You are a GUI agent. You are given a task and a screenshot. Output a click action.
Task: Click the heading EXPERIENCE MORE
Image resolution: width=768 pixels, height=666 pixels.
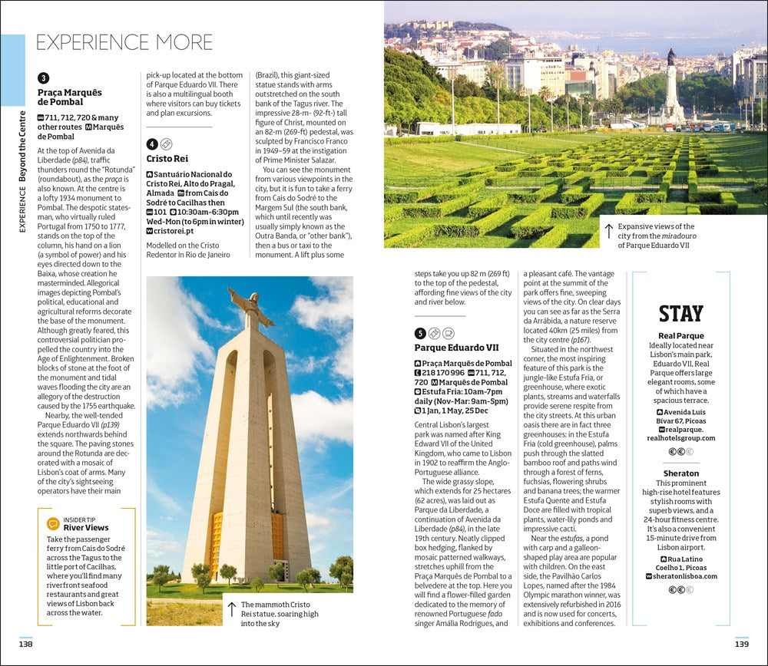pos(124,41)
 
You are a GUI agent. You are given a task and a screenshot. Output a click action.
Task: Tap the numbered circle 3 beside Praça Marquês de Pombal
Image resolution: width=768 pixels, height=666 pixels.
pos(44,77)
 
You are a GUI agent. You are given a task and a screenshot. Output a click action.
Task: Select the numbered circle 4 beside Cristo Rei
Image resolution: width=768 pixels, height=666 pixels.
pos(152,143)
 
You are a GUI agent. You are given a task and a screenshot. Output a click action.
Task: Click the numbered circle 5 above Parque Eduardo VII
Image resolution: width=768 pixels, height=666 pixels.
pos(420,333)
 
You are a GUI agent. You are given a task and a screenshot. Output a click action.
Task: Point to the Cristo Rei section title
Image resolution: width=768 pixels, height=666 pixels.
pos(167,159)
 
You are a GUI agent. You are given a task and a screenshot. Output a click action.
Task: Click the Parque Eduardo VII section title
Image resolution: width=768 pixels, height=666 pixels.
pos(456,348)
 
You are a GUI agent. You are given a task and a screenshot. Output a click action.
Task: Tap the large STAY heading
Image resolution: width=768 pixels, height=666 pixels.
pos(680,314)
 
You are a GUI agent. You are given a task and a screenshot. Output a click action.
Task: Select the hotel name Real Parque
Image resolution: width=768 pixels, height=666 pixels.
pos(680,335)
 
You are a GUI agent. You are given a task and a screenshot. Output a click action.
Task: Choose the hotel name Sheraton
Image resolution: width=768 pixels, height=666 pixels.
pos(681,473)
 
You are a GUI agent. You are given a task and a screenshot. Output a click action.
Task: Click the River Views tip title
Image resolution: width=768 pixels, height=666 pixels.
pos(86,528)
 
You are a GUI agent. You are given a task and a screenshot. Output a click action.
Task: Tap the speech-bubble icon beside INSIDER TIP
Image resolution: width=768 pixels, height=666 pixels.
pos(52,523)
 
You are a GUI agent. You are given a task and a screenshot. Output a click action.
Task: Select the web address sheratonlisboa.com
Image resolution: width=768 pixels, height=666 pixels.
pos(685,576)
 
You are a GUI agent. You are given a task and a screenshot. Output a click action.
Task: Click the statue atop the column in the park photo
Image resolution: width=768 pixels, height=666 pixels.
pos(671,58)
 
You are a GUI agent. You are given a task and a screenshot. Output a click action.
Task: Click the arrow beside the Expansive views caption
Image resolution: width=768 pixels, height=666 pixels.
pos(609,231)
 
